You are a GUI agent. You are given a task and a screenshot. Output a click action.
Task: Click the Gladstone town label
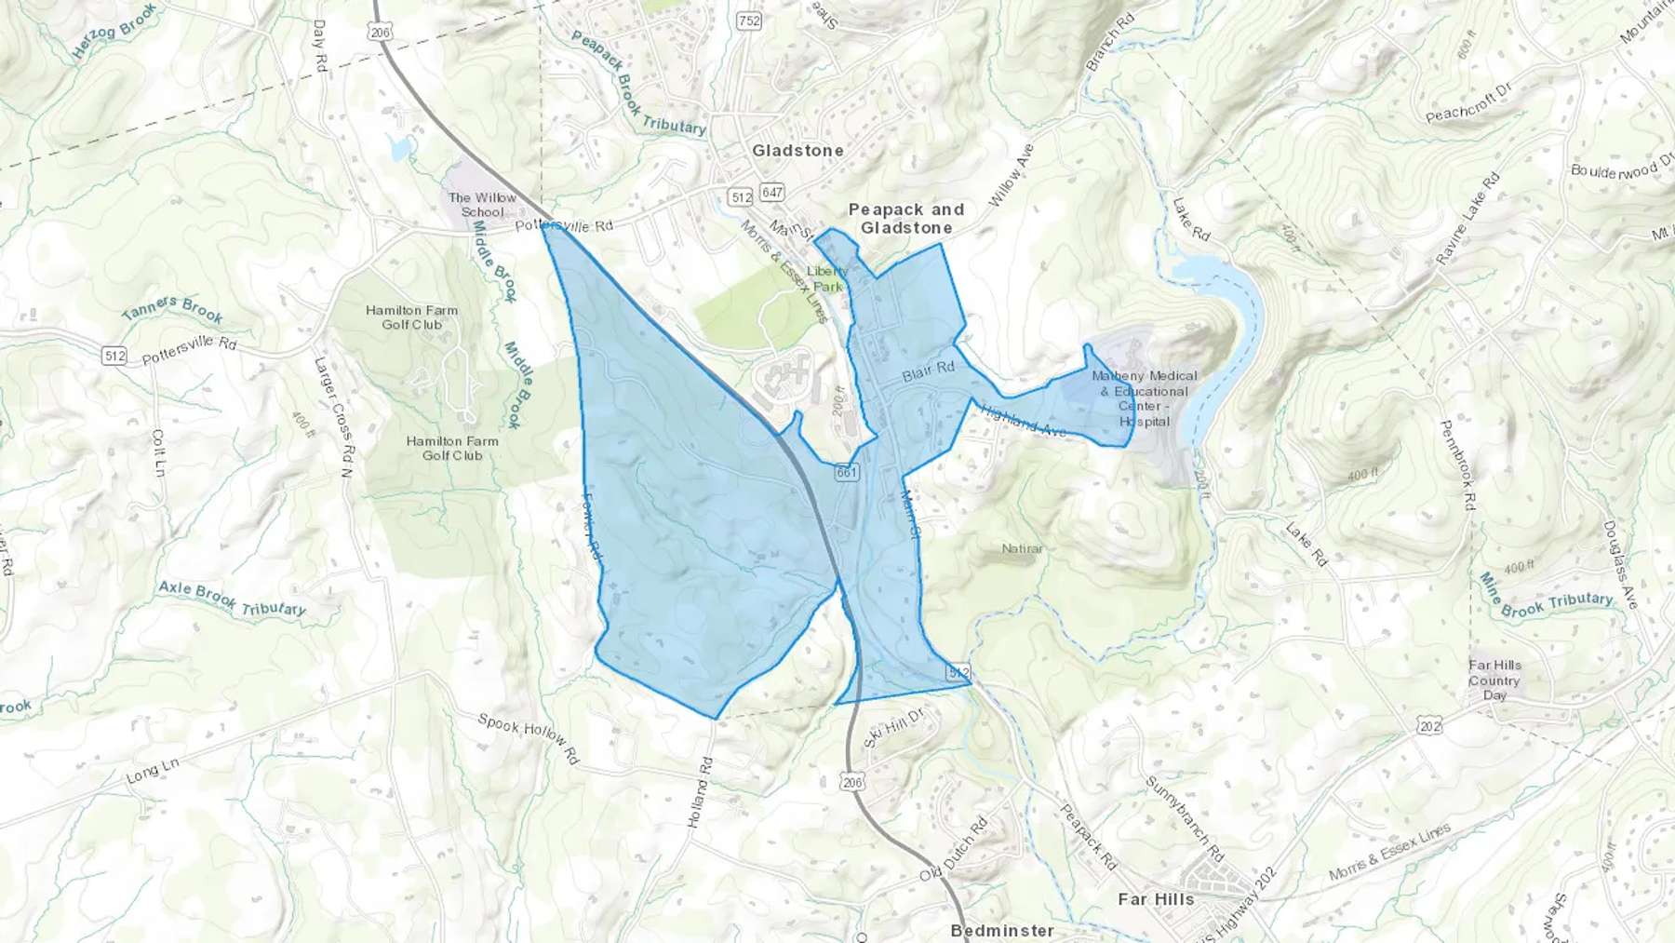[x=797, y=151]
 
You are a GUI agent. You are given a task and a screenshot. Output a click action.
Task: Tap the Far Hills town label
[x=1156, y=899]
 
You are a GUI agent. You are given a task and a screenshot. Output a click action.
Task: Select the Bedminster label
[x=1002, y=930]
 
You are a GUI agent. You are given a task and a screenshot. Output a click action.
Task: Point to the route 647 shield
[x=771, y=193]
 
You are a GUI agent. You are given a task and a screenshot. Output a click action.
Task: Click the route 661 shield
[x=846, y=472]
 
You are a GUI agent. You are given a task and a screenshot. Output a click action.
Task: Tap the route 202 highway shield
[x=1429, y=726]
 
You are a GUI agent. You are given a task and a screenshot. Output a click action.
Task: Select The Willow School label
[x=481, y=205]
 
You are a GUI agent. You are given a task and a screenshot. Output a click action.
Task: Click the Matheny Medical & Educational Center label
[x=1145, y=398]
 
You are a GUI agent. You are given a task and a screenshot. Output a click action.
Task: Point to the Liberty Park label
[x=827, y=278]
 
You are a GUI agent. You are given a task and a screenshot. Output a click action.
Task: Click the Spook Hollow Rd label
[x=528, y=738]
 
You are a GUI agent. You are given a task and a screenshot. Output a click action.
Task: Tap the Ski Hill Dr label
[x=892, y=728]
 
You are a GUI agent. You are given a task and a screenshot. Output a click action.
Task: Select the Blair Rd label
[x=928, y=370]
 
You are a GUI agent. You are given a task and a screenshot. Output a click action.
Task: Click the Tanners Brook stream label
[x=172, y=307]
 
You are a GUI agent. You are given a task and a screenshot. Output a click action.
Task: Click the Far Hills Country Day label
[x=1494, y=680]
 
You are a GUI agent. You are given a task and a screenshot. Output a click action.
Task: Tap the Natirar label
[x=1023, y=548]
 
